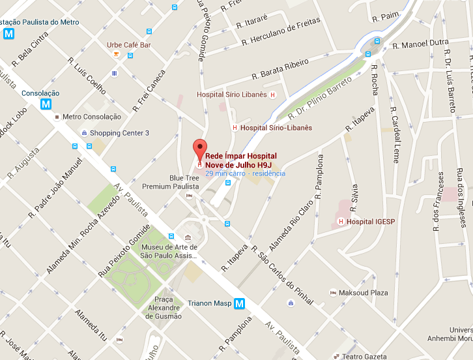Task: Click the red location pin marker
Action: coord(199,147)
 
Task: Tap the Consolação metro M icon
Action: coord(46,104)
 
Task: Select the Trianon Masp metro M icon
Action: coord(240,303)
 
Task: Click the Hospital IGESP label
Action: coord(369,222)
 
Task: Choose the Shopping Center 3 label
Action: coord(119,133)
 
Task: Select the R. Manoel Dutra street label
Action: coord(421,45)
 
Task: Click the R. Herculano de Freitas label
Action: coord(281,32)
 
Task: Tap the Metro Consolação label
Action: coord(92,117)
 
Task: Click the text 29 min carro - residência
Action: coord(245,173)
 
